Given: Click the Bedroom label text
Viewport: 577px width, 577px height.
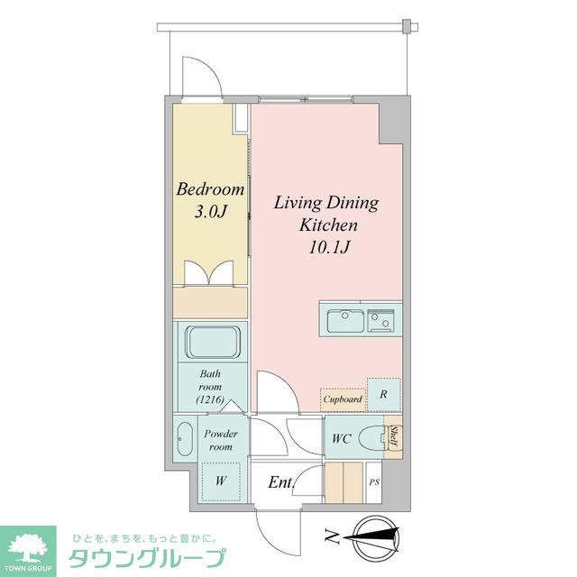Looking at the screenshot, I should (210, 190).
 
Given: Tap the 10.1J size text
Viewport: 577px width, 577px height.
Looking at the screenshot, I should (325, 246).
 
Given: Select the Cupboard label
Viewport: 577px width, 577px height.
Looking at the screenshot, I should (343, 398).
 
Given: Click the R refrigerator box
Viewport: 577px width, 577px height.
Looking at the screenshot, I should (384, 394).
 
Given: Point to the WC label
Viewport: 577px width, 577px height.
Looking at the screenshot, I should (341, 439).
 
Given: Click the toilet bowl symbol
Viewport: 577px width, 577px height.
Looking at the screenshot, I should (372, 440).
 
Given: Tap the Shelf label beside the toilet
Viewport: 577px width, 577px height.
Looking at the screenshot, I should (394, 438).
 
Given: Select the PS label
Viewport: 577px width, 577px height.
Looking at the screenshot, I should (374, 482).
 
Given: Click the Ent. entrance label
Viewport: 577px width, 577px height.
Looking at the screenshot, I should (280, 482).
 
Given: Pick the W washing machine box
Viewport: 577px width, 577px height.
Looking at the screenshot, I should (220, 480).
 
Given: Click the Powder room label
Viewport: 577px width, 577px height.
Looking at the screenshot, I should (220, 440).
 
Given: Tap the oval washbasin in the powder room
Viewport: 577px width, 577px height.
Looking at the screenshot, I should (186, 440).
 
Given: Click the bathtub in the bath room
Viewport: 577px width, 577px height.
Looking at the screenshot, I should (212, 343).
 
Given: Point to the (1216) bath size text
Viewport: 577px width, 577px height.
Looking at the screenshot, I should (209, 398).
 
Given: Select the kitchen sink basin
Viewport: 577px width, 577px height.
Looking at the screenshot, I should (344, 319).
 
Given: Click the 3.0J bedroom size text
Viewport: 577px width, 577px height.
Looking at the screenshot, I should (210, 213).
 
